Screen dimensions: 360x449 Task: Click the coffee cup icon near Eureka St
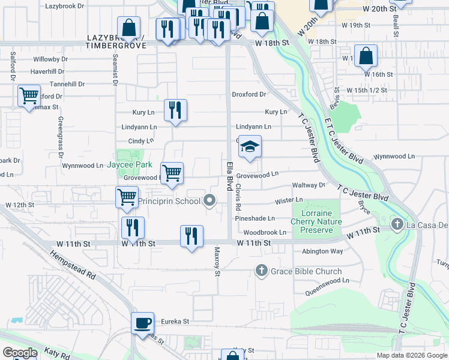click(x=143, y=323)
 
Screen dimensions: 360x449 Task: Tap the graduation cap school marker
click(x=250, y=147)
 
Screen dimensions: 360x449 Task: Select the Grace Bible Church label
click(x=299, y=271)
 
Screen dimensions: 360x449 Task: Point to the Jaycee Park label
click(x=130, y=165)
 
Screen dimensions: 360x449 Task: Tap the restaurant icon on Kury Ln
click(x=175, y=110)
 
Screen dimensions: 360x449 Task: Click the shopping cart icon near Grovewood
click(x=172, y=173)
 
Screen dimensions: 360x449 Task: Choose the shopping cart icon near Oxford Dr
click(x=29, y=95)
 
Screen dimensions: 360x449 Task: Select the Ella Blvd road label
click(x=229, y=176)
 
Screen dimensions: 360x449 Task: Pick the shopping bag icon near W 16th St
click(x=366, y=56)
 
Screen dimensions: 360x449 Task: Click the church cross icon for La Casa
click(x=396, y=224)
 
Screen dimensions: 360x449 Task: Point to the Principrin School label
click(x=169, y=201)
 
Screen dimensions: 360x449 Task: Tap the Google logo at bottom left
click(x=19, y=353)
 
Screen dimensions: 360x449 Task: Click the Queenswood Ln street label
click(x=327, y=280)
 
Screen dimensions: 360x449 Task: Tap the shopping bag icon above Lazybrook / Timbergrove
click(x=129, y=27)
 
